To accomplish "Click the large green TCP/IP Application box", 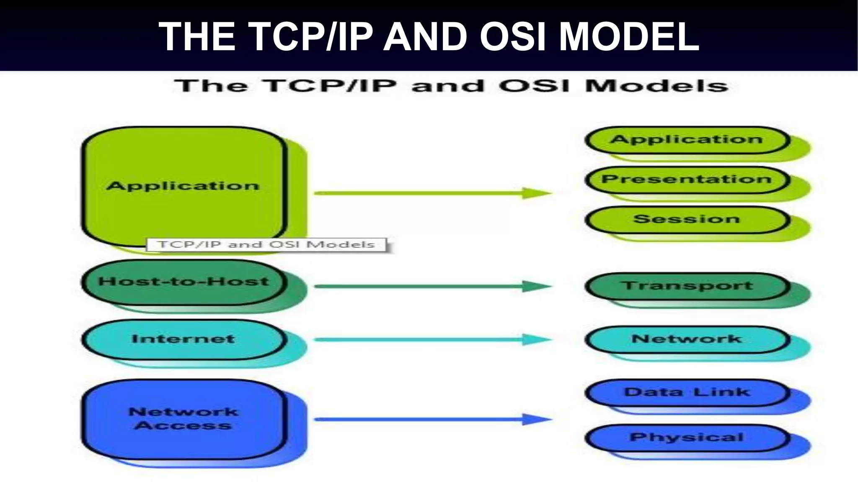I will click(183, 186).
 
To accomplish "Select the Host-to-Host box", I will click(183, 282).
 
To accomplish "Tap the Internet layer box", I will click(183, 339).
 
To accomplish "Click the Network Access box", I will click(183, 418).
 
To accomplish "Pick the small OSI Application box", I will click(686, 140).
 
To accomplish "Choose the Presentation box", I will click(686, 179).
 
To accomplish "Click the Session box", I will click(686, 219).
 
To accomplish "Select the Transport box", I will click(686, 286).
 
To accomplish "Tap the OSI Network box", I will click(686, 339).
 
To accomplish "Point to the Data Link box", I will click(686, 392).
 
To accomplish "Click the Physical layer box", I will click(686, 438).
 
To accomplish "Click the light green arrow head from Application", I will click(537, 193).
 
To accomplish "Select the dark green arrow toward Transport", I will click(432, 287).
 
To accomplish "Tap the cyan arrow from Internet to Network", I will click(432, 339).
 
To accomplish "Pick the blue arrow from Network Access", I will click(432, 419).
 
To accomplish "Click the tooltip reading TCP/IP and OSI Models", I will click(266, 245).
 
